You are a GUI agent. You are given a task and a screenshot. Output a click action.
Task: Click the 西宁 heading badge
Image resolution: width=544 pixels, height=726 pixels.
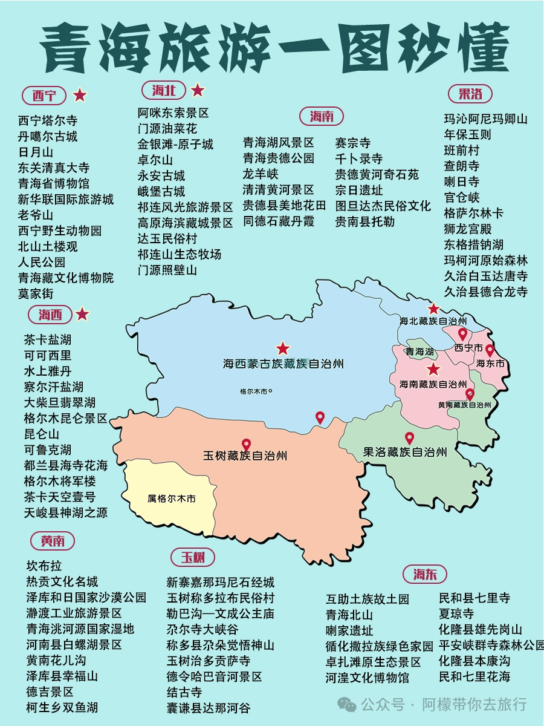[44, 95]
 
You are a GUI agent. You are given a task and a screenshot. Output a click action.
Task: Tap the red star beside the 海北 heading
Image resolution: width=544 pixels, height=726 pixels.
[197, 91]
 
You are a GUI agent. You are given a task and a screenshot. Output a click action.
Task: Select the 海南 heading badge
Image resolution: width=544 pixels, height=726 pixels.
[322, 116]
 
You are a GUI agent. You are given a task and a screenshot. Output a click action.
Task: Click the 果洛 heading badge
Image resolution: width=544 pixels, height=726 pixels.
[470, 94]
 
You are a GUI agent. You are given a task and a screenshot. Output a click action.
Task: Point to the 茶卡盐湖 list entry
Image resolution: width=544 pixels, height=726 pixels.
[48, 339]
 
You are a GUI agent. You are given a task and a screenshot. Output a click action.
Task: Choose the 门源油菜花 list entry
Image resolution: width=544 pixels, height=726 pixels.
[167, 128]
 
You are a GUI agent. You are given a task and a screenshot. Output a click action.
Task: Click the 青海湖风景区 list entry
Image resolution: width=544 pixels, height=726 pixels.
[279, 143]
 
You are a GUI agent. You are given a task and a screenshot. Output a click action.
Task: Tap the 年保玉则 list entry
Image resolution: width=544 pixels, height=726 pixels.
[468, 134]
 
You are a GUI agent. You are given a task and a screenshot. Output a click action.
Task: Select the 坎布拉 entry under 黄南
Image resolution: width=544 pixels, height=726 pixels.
[44, 566]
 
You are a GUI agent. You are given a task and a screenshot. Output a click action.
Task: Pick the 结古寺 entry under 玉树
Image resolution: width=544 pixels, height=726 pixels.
[184, 692]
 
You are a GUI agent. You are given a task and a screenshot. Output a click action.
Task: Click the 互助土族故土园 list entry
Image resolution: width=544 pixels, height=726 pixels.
[368, 599]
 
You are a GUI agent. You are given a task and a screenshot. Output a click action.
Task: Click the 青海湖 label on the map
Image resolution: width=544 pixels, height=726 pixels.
[419, 352]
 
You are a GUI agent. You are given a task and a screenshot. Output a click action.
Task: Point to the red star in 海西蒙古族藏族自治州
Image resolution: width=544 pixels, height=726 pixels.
[283, 348]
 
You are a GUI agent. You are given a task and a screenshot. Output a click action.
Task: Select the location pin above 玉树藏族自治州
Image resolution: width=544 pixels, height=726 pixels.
[246, 445]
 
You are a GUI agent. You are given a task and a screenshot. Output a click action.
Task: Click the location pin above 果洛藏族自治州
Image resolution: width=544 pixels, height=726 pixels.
[409, 438]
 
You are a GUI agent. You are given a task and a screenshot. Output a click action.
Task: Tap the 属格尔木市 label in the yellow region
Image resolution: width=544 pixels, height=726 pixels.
[172, 499]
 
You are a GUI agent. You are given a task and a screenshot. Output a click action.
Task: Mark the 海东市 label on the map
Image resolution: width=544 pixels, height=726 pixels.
[490, 364]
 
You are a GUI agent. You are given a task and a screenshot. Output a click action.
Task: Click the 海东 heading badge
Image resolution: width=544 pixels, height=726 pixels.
[426, 574]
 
